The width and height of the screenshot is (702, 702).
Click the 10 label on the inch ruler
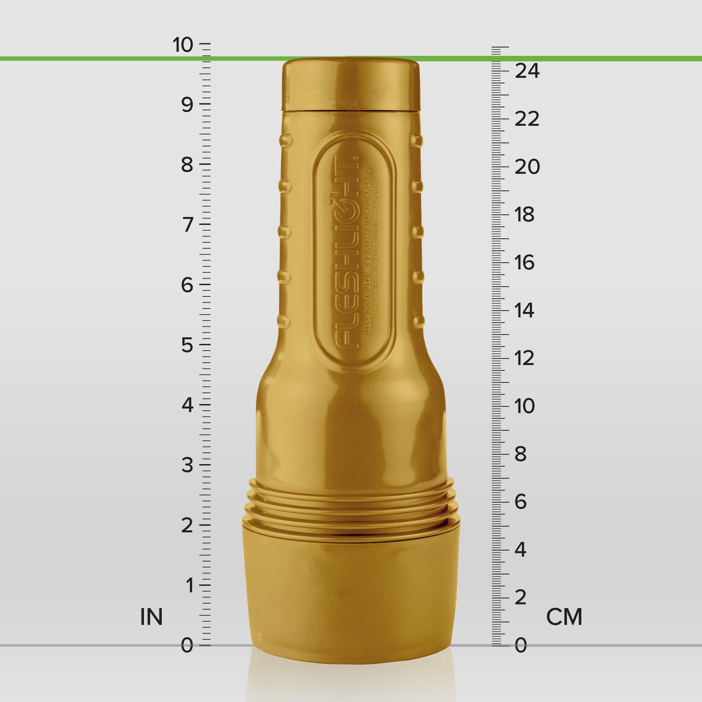click(183, 45)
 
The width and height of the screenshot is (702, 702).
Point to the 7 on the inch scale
click(188, 225)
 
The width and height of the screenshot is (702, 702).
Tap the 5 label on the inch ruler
click(188, 345)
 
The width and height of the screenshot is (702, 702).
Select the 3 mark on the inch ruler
click(188, 465)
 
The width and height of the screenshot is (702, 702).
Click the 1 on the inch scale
click(189, 586)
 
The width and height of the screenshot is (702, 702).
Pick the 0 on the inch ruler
click(187, 646)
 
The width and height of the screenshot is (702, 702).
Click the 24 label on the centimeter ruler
click(527, 71)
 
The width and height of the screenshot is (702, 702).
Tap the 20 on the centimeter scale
click(527, 167)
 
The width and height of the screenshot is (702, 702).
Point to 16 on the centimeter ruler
click(525, 263)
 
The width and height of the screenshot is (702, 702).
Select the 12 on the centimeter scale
click(525, 359)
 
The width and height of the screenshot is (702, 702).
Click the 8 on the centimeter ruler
click(520, 454)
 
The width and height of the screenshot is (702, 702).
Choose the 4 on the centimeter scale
click(520, 550)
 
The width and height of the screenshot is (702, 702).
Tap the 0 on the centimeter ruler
click(520, 646)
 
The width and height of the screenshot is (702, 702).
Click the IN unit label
click(151, 617)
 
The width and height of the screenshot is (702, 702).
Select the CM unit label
click(564, 617)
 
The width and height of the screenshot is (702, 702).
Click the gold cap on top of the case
click(351, 85)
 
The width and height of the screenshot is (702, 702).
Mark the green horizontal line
click(121, 59)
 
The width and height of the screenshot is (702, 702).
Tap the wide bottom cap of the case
click(351, 593)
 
